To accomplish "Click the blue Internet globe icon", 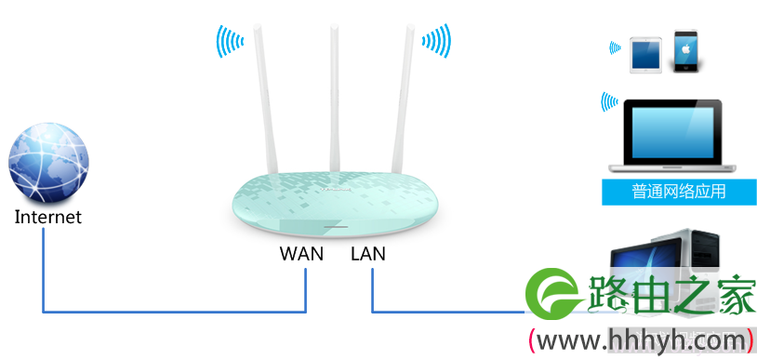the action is tap(48, 161).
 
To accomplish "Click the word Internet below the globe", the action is tap(48, 217).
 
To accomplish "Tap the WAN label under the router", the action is tap(301, 254).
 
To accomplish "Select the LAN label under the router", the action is tap(368, 254).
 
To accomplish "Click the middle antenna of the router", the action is tap(335, 97).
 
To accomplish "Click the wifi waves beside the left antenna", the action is tap(230, 41).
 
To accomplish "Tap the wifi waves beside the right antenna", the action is tap(436, 41).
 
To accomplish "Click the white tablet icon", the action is tap(645, 55).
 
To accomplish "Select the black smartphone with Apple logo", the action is tap(686, 52).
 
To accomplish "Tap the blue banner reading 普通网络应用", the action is tap(679, 192).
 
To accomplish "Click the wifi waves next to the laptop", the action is tap(609, 102).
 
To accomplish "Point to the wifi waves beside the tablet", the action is tap(615, 47).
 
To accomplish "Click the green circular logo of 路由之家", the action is tap(552, 294).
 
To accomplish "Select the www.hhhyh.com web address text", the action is tap(642, 341).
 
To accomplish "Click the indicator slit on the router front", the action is tap(336, 226).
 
